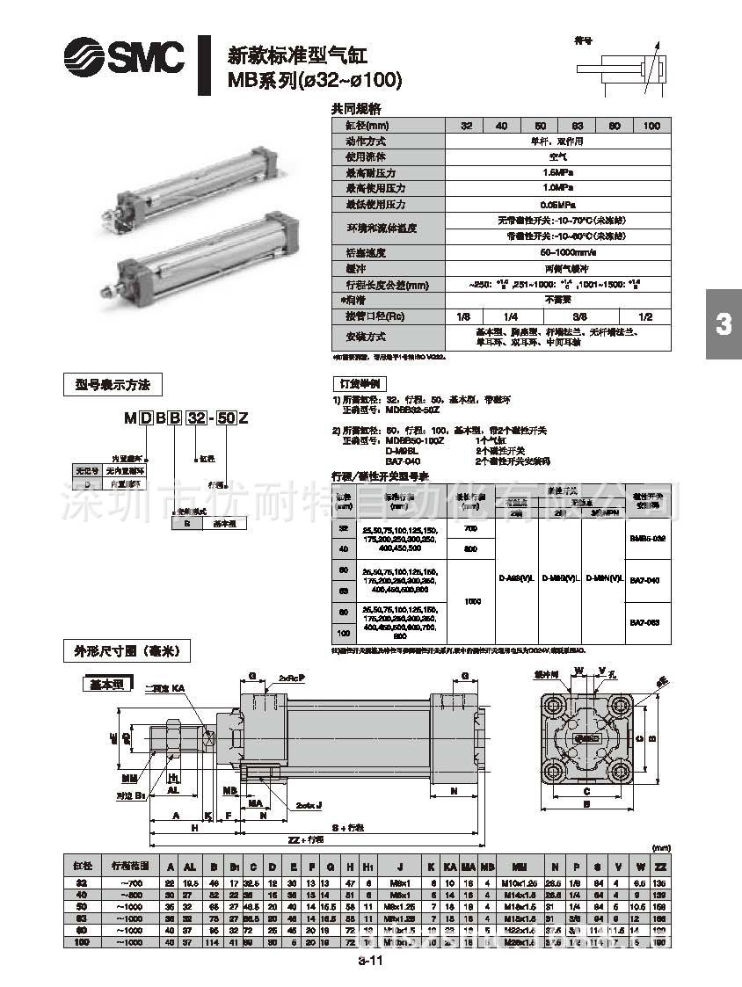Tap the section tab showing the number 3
coord(723,324)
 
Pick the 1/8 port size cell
coord(463,316)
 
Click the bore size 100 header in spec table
coord(651,126)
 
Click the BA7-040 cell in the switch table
coord(647,580)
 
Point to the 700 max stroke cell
coord(470,528)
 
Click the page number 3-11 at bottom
coord(369,961)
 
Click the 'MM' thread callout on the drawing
coord(130,778)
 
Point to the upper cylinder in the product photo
coord(189,181)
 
